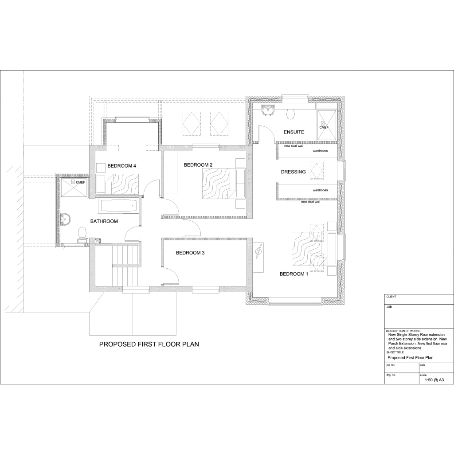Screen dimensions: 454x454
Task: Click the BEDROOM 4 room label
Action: (122, 166)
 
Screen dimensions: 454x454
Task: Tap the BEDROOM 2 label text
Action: (198, 165)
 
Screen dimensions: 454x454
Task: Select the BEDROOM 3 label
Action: (190, 253)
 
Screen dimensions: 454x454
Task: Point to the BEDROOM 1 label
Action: (294, 274)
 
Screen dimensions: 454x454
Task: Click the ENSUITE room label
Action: (294, 132)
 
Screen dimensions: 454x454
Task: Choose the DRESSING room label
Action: (293, 172)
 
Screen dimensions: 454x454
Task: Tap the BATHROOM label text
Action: (104, 221)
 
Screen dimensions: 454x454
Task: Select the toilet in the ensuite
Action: (291, 114)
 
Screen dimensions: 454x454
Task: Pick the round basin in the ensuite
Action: (268, 111)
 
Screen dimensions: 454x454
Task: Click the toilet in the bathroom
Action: (82, 233)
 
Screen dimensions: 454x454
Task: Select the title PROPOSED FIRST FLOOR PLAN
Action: (149, 344)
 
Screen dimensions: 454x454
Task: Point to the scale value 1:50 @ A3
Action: (434, 380)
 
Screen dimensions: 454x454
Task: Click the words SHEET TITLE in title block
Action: (395, 352)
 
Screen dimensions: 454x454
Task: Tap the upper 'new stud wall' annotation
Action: (294, 145)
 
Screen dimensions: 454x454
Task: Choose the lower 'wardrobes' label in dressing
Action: (320, 190)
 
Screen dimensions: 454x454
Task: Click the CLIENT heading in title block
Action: (391, 297)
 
